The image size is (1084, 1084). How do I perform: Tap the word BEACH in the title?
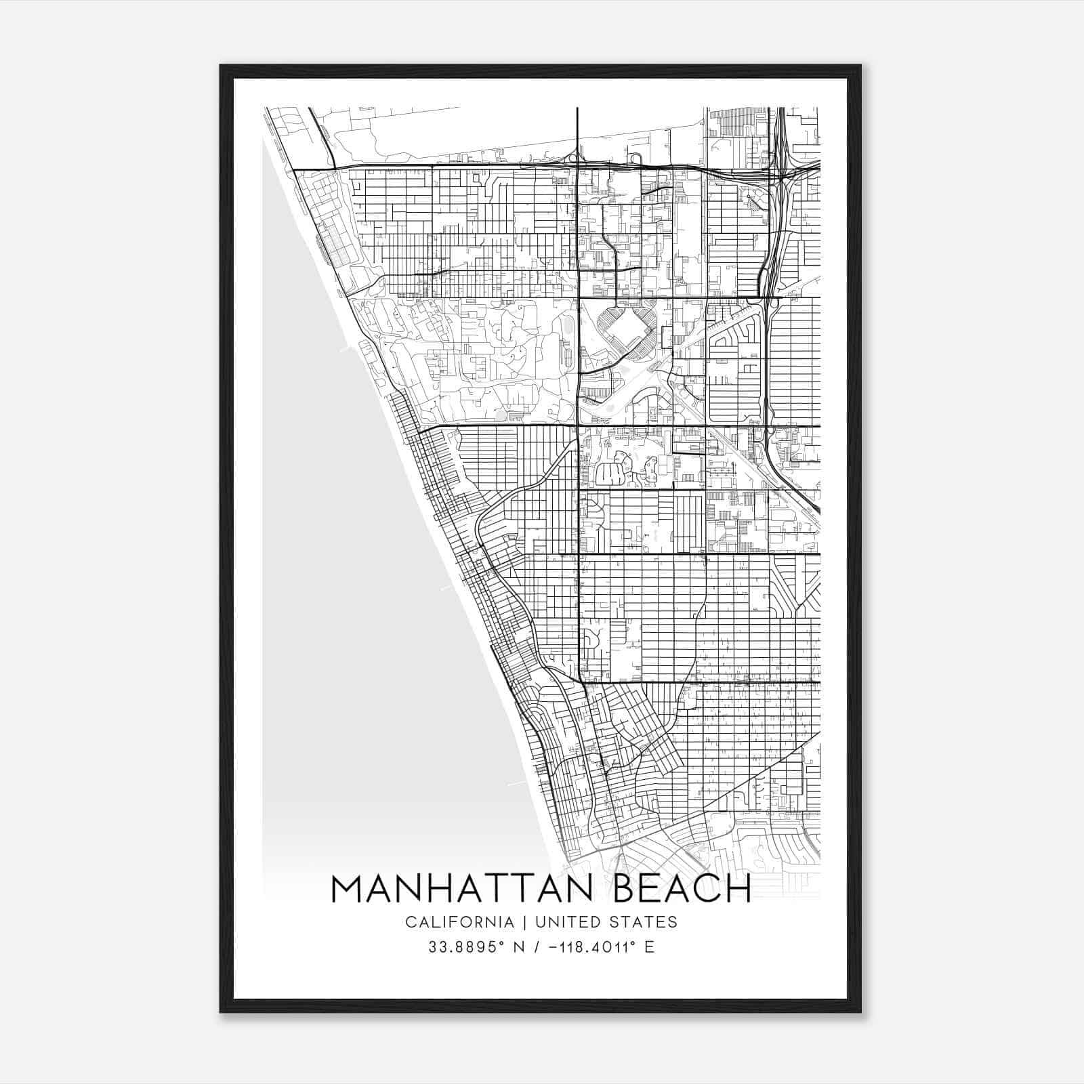[x=682, y=889]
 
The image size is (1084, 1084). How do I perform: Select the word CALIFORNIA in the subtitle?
[x=459, y=922]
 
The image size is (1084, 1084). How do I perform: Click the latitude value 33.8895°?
[x=465, y=947]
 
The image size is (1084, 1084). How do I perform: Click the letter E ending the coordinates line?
[x=650, y=947]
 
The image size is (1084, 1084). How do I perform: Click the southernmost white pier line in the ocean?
[x=517, y=784]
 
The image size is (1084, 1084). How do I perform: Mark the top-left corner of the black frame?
[x=221, y=66]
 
